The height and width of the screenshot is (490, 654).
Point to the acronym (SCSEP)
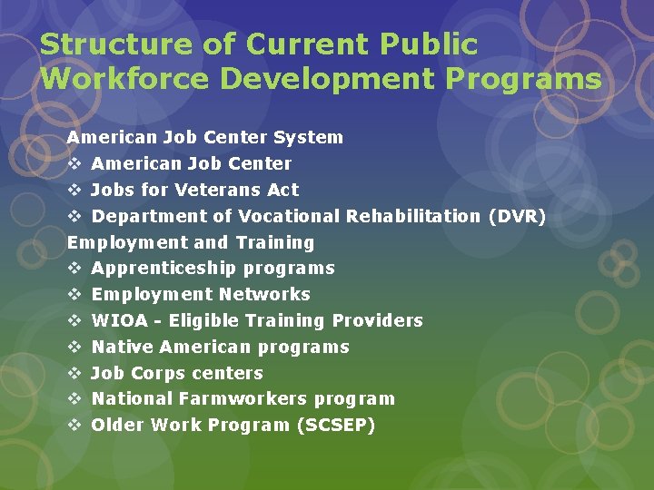(336, 425)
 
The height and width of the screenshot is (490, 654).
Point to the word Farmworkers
(236, 398)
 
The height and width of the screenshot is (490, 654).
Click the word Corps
(156, 373)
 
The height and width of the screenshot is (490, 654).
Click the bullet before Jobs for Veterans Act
(75, 190)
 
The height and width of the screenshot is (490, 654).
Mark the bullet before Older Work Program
(75, 425)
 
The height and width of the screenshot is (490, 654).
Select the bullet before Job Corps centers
(75, 373)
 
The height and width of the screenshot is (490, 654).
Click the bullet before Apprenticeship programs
(75, 268)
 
